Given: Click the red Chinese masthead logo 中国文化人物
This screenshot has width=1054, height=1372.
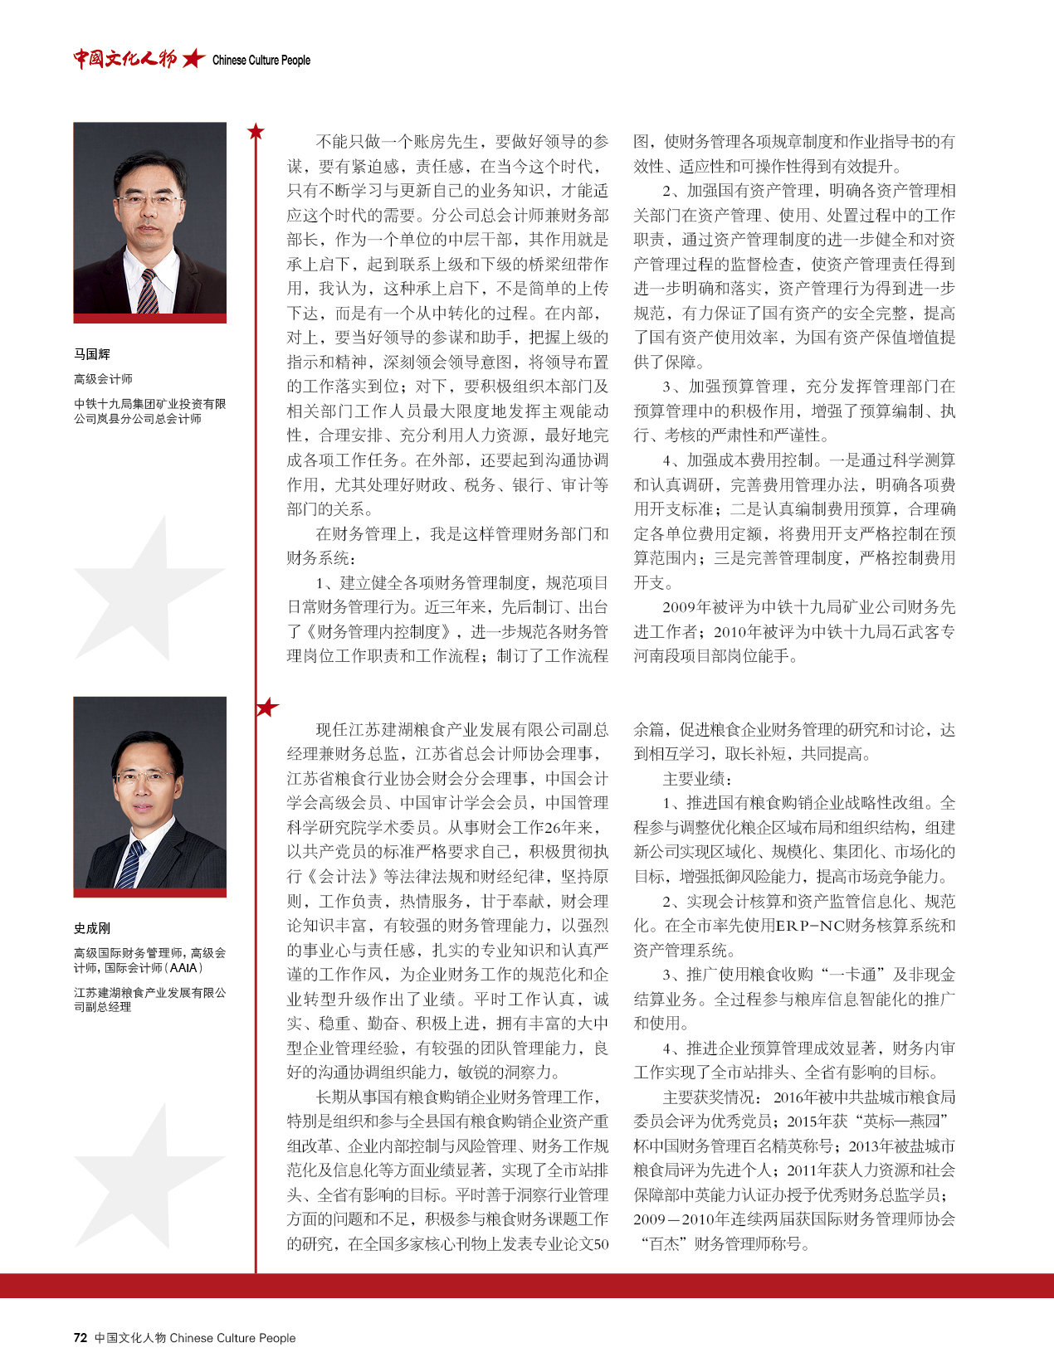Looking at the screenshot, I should (x=125, y=58).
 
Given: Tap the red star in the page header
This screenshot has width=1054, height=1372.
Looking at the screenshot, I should (x=193, y=58).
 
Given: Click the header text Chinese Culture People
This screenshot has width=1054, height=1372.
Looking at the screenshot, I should (x=261, y=60).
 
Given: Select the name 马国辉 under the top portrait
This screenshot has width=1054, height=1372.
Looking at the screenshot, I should (x=92, y=354).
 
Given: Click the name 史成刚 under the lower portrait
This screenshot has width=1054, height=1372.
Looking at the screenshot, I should (x=92, y=928).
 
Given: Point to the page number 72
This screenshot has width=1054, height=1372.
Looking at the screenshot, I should (x=81, y=1337).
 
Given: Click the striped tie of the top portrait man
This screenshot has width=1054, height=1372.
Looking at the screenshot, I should (x=149, y=291).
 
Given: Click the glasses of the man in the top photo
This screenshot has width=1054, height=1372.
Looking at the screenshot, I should (x=150, y=200).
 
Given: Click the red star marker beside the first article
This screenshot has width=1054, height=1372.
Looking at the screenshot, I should (x=256, y=131).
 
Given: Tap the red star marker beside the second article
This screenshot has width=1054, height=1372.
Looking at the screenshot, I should (x=267, y=708).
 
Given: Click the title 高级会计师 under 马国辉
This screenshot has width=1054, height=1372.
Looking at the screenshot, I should (x=103, y=379).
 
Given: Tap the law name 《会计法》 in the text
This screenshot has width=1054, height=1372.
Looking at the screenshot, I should (x=343, y=877).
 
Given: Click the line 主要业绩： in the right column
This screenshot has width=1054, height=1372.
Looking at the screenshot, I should (x=698, y=779).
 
